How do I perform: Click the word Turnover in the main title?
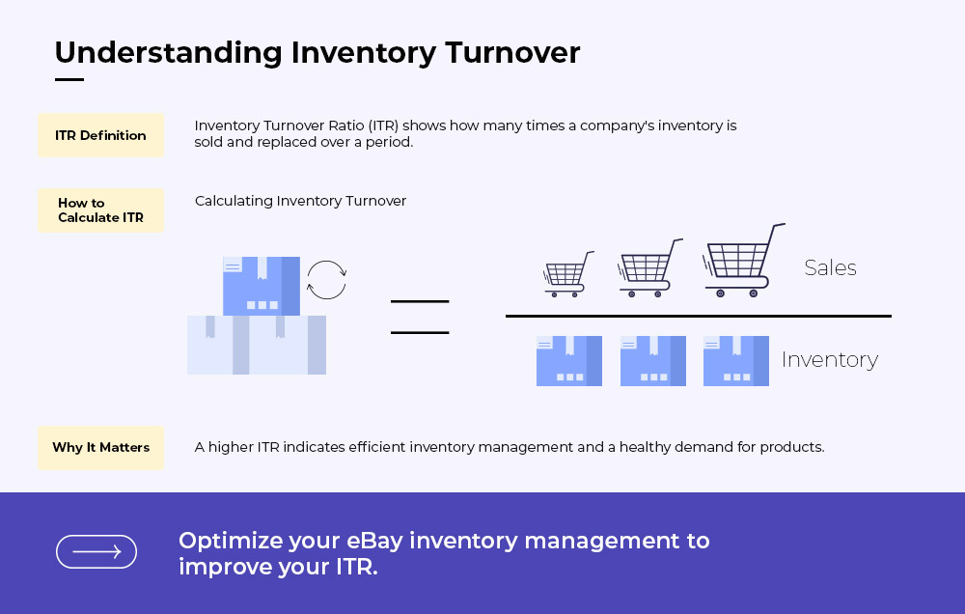[x=512, y=52]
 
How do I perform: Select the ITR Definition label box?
[x=101, y=135]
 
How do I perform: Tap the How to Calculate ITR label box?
[x=101, y=210]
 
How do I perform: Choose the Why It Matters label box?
[x=101, y=448]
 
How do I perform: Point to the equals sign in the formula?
[x=420, y=318]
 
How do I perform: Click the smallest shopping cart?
[x=568, y=274]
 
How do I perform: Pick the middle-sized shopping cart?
[x=649, y=267]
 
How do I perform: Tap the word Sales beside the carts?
[x=830, y=267]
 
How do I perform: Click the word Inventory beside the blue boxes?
[x=830, y=360]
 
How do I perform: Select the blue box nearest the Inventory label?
[x=736, y=361]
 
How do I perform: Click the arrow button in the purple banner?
[x=96, y=551]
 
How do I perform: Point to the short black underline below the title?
[x=69, y=79]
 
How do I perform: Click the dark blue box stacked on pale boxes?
[x=261, y=286]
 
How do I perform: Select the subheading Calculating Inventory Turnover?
[x=300, y=201]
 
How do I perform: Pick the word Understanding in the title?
[x=169, y=53]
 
